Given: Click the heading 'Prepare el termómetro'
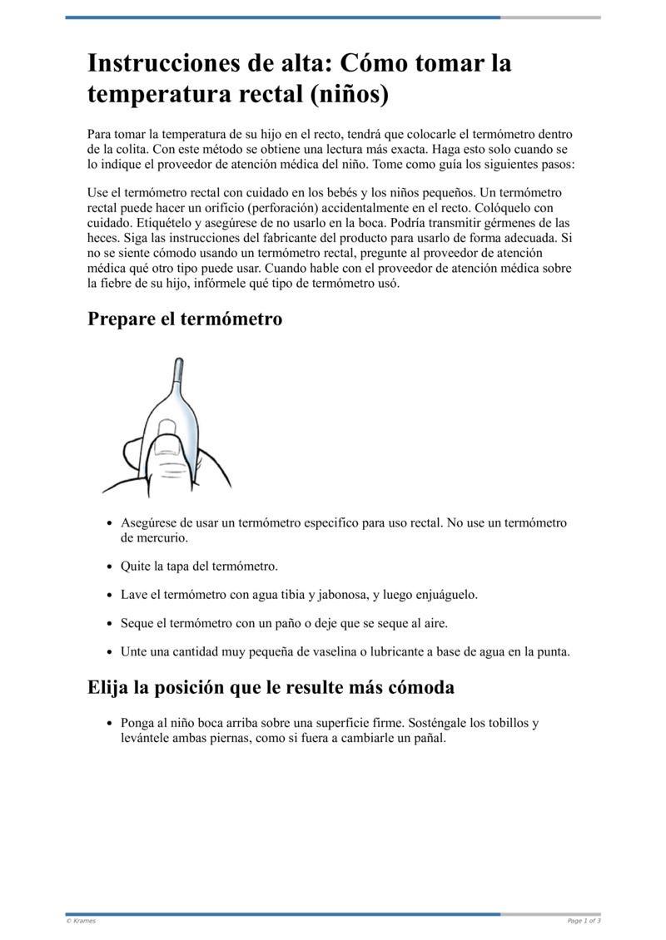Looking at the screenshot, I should (185, 319).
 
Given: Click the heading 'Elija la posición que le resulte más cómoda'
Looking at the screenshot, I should (271, 688).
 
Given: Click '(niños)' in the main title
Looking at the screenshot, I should (350, 94).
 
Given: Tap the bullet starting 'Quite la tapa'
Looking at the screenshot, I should (199, 566).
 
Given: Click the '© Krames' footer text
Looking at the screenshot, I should (81, 921).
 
